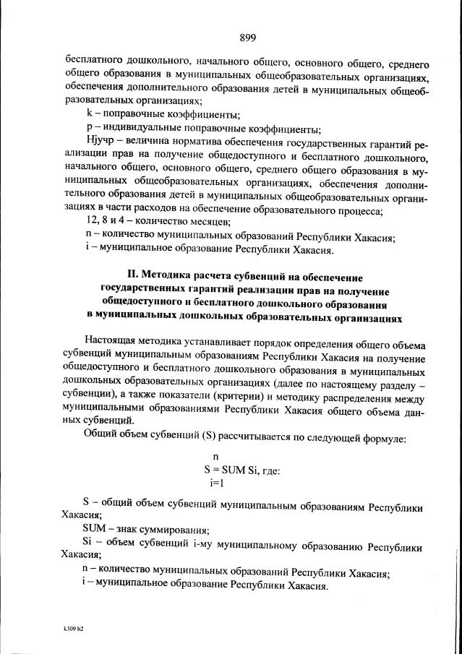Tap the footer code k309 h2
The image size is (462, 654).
click(74, 629)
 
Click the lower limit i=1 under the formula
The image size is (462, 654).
click(216, 482)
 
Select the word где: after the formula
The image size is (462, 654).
click(268, 470)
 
